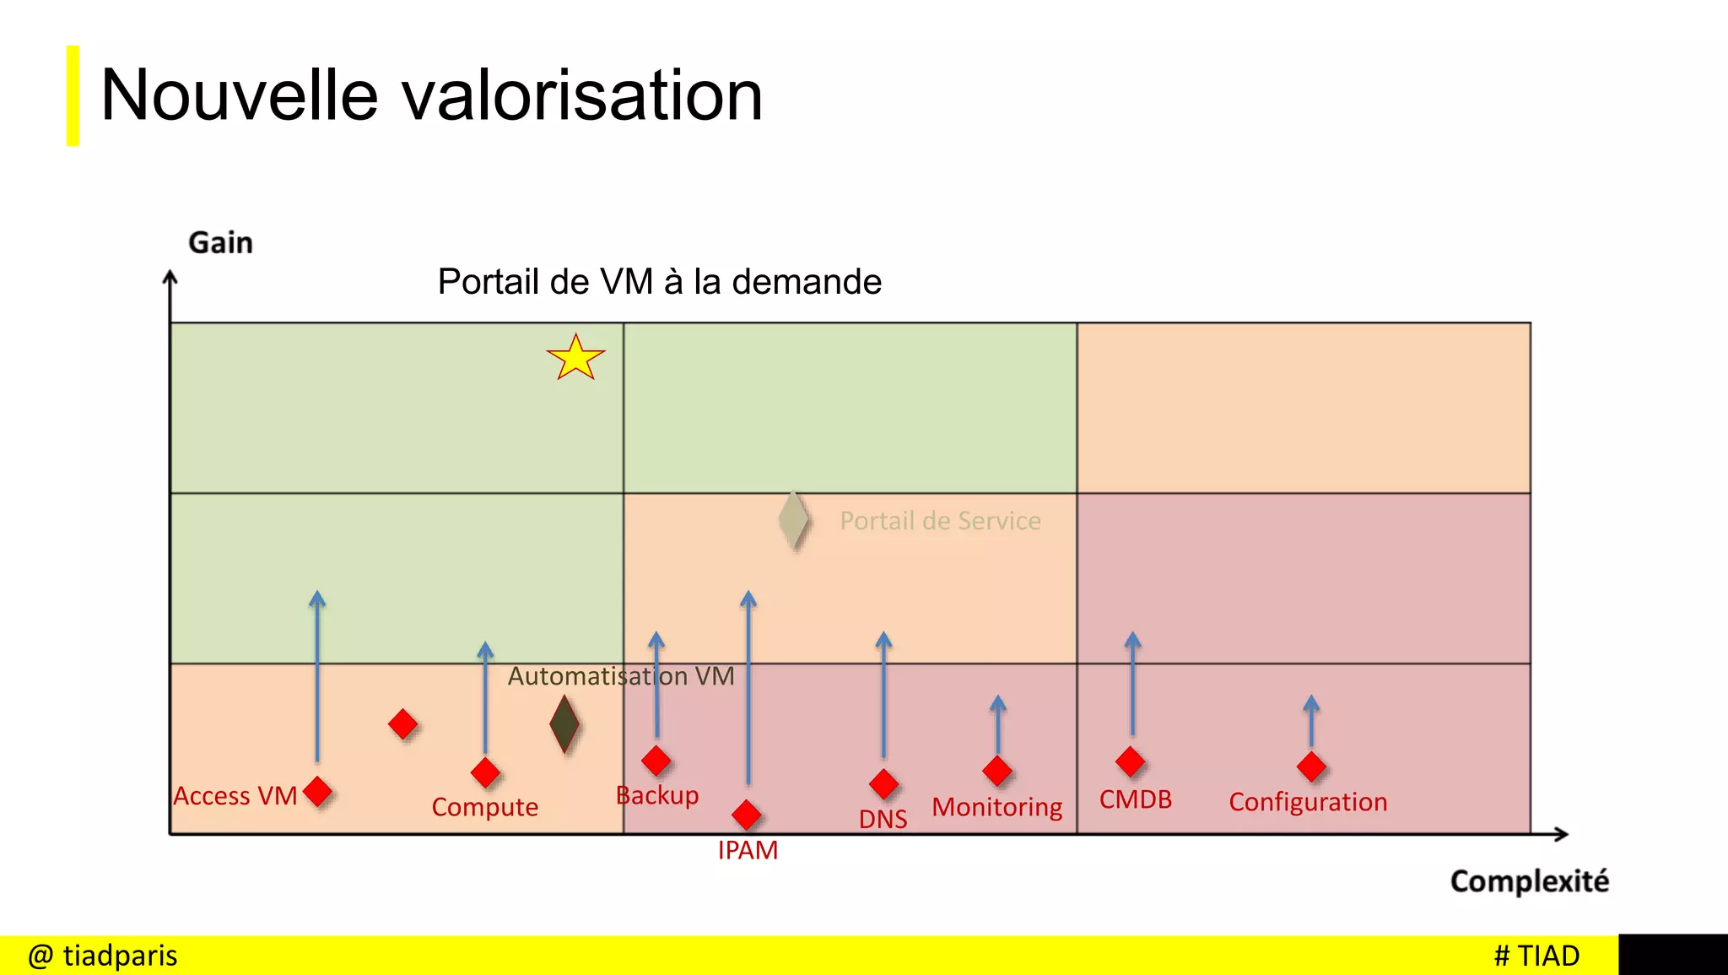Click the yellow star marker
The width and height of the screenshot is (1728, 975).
coord(575,358)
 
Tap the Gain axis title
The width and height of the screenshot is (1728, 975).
coord(220,243)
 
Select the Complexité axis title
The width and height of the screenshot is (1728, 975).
coord(1529,881)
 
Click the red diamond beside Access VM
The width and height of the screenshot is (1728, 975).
coord(317,792)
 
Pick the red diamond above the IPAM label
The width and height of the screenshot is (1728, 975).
coord(747,815)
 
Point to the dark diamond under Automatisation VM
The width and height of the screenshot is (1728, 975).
coord(564,723)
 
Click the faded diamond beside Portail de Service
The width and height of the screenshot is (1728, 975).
coord(793,520)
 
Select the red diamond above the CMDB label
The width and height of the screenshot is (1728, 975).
coord(1131,761)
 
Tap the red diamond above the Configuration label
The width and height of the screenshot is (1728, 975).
coord(1311,766)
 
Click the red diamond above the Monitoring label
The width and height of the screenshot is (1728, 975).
coord(997,770)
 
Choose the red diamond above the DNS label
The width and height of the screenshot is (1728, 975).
coord(883,783)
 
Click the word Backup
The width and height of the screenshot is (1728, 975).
coord(657,795)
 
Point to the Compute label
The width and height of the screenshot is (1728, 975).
coord(484,807)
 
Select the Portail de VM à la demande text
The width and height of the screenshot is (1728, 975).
coord(659,282)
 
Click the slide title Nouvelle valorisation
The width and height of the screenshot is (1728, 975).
coord(431,95)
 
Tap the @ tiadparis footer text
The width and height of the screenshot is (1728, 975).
coord(103,956)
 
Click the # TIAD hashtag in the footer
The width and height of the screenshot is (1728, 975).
coord(1536,956)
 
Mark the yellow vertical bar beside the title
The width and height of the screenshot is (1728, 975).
coord(73,95)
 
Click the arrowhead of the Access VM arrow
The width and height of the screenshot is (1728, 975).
coord(317,599)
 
